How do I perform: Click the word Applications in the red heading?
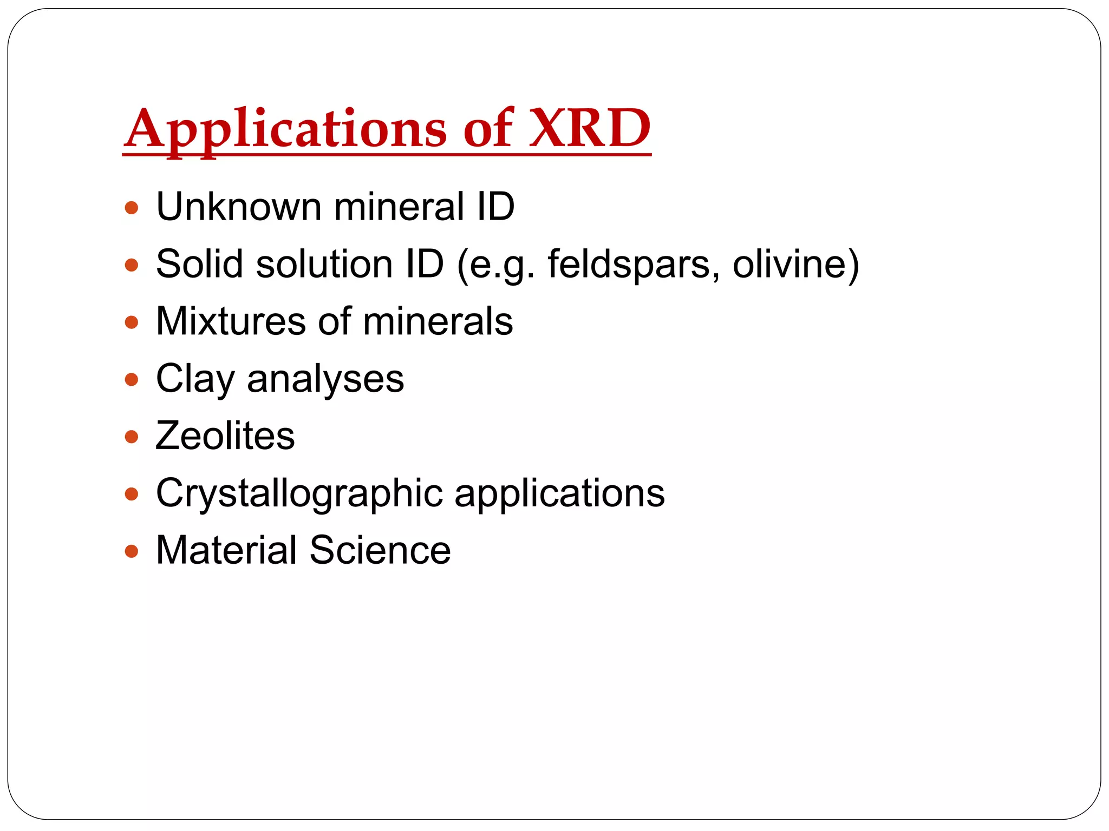click(286, 130)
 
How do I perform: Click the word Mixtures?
click(231, 321)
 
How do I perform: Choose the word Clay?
click(195, 379)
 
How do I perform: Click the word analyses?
click(325, 379)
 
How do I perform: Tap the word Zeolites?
click(225, 436)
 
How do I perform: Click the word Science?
click(380, 550)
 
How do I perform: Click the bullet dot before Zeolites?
click(132, 437)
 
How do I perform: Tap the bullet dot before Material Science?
click(132, 551)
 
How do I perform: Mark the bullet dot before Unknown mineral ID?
click(132, 208)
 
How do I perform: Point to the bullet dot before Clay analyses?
click(132, 379)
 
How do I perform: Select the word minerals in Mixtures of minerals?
click(438, 321)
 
